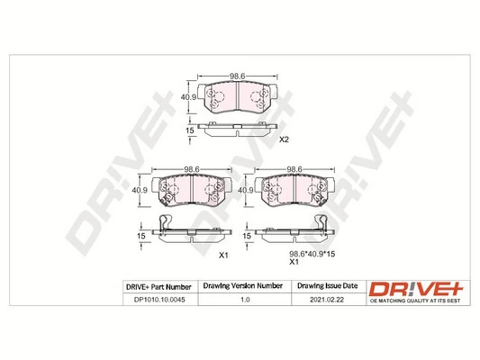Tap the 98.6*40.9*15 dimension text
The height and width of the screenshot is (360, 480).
[x=292, y=254]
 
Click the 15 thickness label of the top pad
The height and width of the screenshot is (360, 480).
[x=190, y=130]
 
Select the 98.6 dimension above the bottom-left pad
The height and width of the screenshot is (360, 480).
[x=190, y=168]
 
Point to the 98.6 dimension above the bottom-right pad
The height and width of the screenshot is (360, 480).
[x=294, y=168]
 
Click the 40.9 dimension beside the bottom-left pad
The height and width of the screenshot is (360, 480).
[x=140, y=190]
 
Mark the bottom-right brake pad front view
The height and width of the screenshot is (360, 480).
[x=294, y=190]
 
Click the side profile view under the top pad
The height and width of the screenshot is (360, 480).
[x=239, y=131]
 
